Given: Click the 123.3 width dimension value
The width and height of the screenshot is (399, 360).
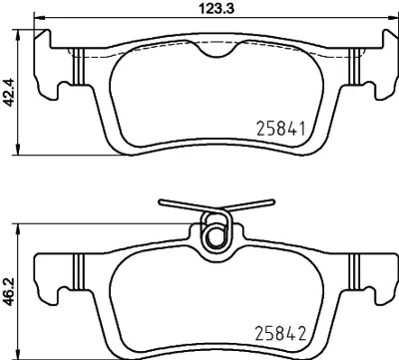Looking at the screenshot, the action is [x=217, y=8].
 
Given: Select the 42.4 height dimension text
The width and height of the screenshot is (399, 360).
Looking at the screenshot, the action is [x=9, y=93].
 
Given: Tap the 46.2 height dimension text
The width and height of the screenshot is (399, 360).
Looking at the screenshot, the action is [x=9, y=292].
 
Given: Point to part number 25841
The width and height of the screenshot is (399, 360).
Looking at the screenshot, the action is [x=281, y=129].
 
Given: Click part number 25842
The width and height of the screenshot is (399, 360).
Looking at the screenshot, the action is [x=280, y=333].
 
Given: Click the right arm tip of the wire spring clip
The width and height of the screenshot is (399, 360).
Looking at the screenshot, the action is [x=272, y=201].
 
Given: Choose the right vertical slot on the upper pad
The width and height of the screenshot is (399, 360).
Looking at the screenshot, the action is [x=354, y=67].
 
